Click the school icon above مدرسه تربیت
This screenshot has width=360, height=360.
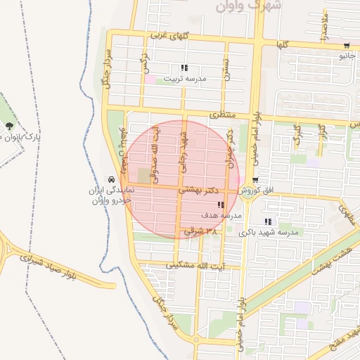(184, 68)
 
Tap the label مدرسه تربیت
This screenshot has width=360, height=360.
(186, 79)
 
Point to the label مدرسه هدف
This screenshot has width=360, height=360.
(221, 215)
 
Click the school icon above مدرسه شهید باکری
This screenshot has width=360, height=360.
(266, 222)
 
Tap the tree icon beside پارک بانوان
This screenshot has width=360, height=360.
(8, 127)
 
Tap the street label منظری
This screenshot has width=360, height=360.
(224, 114)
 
